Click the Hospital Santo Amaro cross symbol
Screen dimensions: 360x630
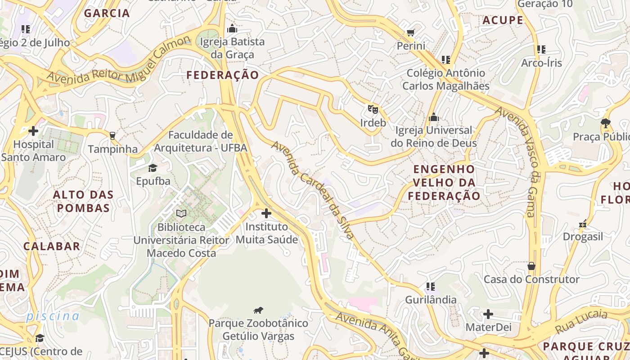click(33, 131)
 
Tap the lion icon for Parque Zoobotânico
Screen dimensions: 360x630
click(258, 310)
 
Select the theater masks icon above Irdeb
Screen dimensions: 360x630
click(373, 109)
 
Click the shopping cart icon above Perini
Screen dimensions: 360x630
click(410, 32)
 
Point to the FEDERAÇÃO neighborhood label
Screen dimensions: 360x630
click(223, 75)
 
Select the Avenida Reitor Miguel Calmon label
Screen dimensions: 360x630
click(119, 61)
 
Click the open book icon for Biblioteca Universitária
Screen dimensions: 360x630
click(181, 213)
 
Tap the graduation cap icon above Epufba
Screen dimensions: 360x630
click(153, 168)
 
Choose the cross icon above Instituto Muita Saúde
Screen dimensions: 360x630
click(266, 213)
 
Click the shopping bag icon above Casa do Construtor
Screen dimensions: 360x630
click(531, 266)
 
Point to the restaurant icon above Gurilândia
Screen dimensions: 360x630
click(431, 286)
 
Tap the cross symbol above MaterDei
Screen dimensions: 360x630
click(488, 314)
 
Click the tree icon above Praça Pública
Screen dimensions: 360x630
click(606, 123)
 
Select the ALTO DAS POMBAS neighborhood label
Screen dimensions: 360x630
click(83, 201)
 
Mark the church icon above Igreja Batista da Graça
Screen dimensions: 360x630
click(232, 29)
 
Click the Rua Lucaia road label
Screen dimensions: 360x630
click(581, 322)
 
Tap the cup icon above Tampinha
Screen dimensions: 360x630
click(112, 135)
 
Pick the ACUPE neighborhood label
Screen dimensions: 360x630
click(503, 20)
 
